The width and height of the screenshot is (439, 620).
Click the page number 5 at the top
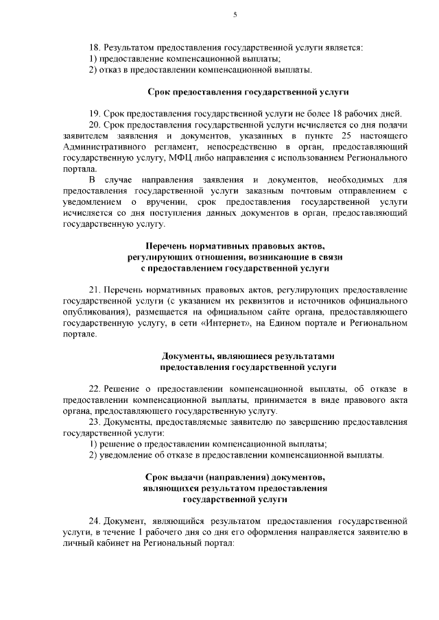click(235, 14)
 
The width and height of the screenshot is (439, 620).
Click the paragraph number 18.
click(95, 47)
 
